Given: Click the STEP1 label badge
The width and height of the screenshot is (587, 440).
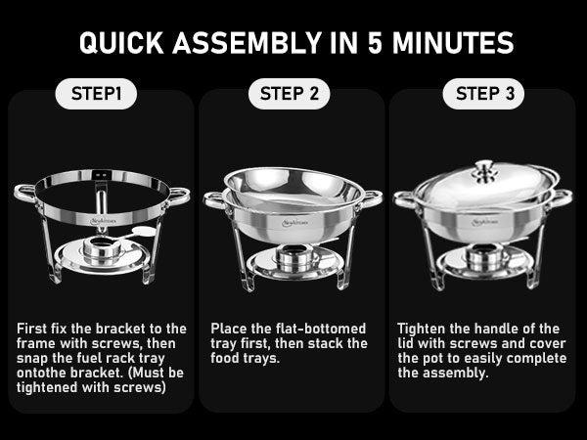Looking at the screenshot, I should coord(97,95).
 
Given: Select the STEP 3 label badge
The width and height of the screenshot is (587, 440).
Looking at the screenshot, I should coord(483,95).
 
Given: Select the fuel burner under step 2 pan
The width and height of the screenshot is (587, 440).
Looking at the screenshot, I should coord(293,259).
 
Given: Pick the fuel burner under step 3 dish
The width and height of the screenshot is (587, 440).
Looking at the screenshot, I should coord(483,257).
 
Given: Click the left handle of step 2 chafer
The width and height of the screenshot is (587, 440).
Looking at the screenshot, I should coord(214,200).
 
